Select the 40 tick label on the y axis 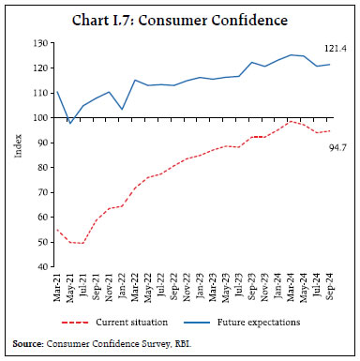pos(38,266)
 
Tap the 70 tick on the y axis pos(38,192)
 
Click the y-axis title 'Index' pos(18,155)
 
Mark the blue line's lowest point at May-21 pos(68,123)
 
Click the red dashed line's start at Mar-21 pos(56,230)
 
